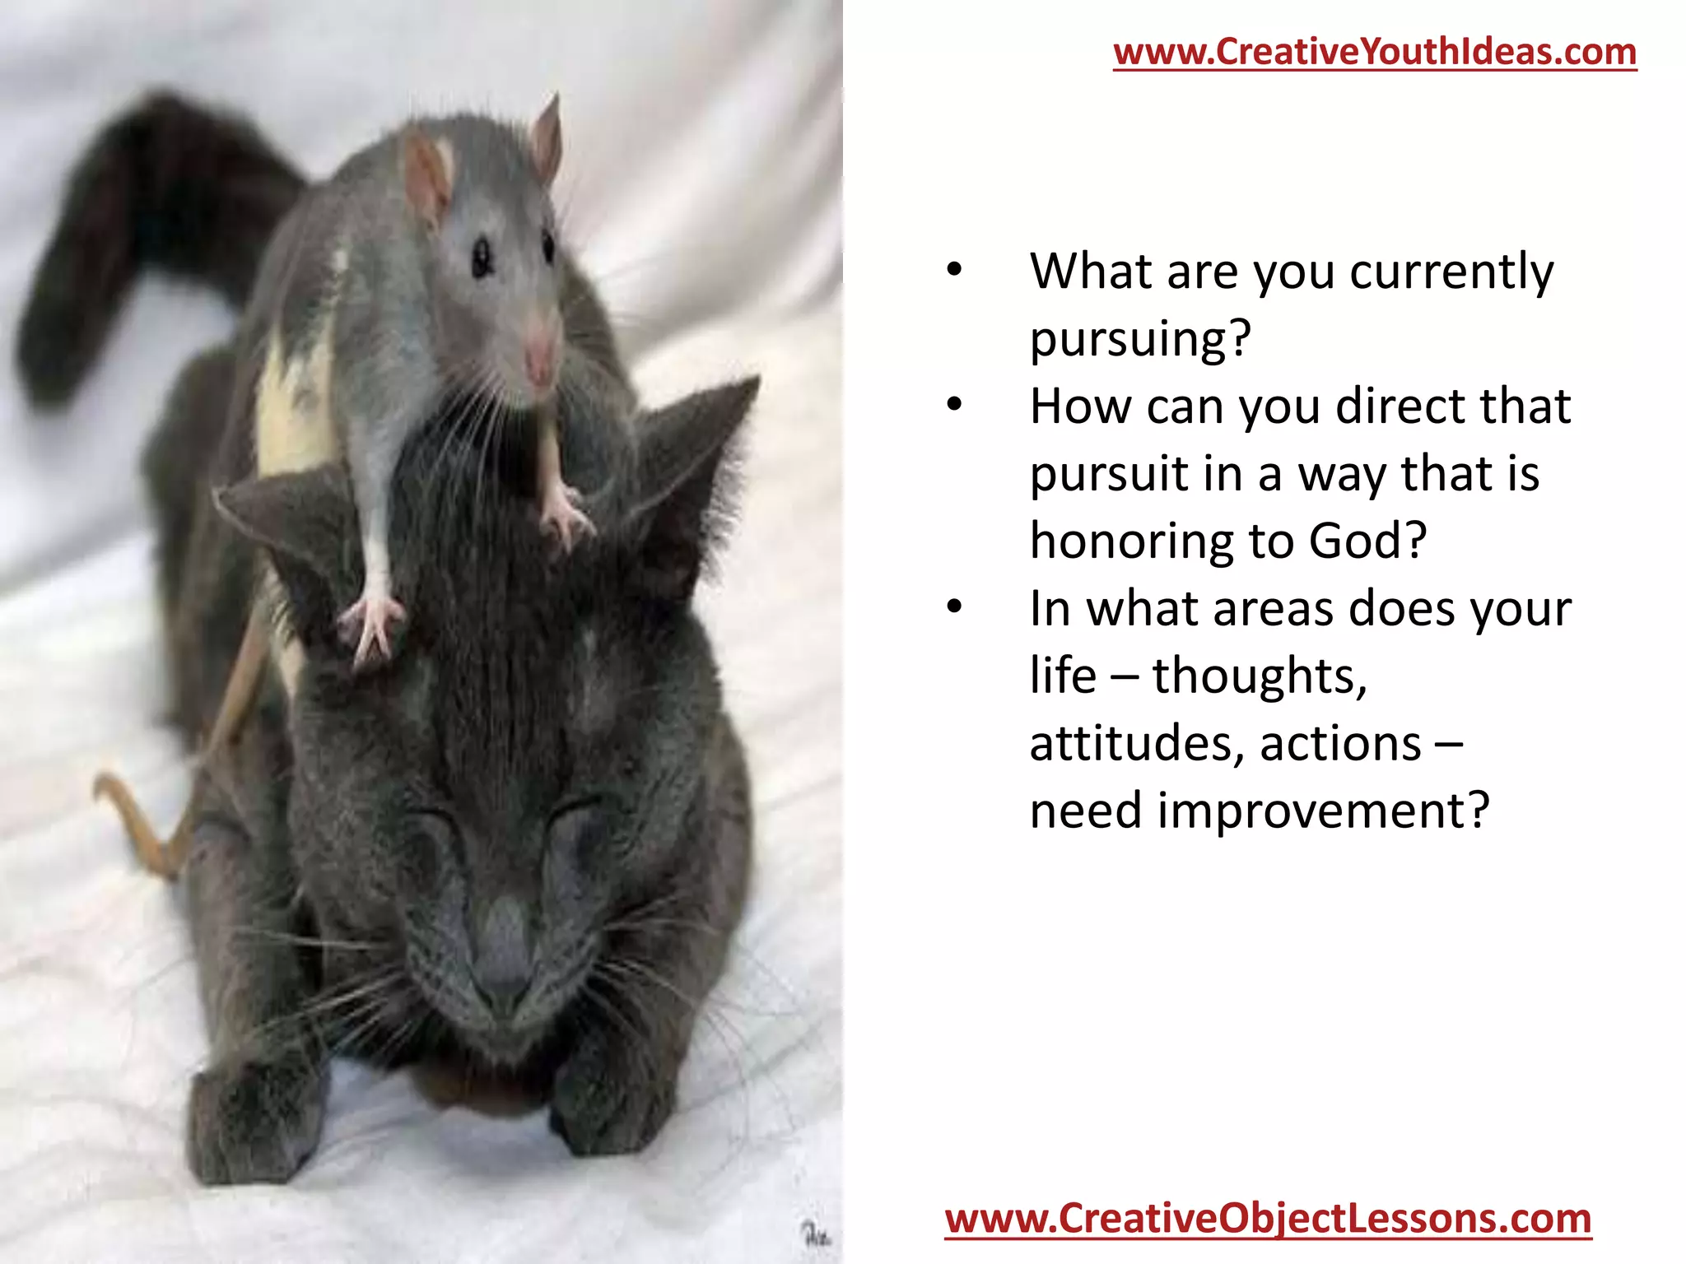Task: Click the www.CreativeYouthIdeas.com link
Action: tap(1375, 52)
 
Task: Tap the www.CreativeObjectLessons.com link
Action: tap(1268, 1219)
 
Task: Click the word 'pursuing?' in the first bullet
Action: tap(1140, 338)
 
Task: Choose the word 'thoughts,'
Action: tap(1260, 676)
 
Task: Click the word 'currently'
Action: tap(1451, 272)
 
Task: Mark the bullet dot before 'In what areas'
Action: tap(954, 607)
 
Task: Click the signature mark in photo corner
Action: tap(816, 1234)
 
